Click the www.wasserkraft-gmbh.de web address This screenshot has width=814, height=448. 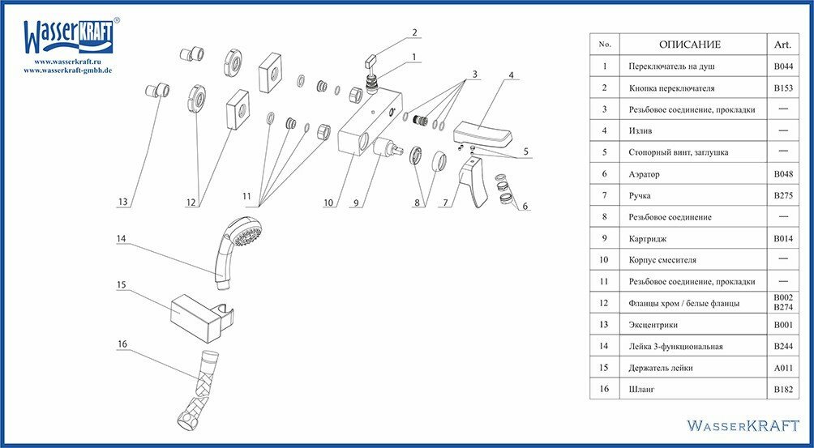click(x=67, y=70)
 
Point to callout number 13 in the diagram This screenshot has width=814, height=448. click(x=123, y=203)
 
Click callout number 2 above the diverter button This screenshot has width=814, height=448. click(x=413, y=33)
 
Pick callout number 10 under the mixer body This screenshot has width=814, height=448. click(x=328, y=203)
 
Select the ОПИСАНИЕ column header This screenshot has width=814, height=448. click(x=689, y=45)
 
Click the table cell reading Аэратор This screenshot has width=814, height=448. click(x=645, y=174)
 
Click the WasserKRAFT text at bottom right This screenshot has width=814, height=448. click(x=743, y=425)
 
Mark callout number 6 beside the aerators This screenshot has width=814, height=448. click(x=525, y=207)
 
